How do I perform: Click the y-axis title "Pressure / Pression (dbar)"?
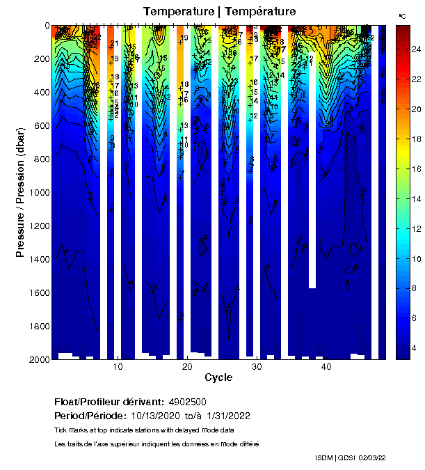[20, 191]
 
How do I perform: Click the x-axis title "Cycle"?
[218, 377]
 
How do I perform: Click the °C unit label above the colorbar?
[402, 15]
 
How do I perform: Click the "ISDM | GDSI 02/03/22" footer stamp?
[350, 457]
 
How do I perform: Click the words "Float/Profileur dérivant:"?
[109, 402]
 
